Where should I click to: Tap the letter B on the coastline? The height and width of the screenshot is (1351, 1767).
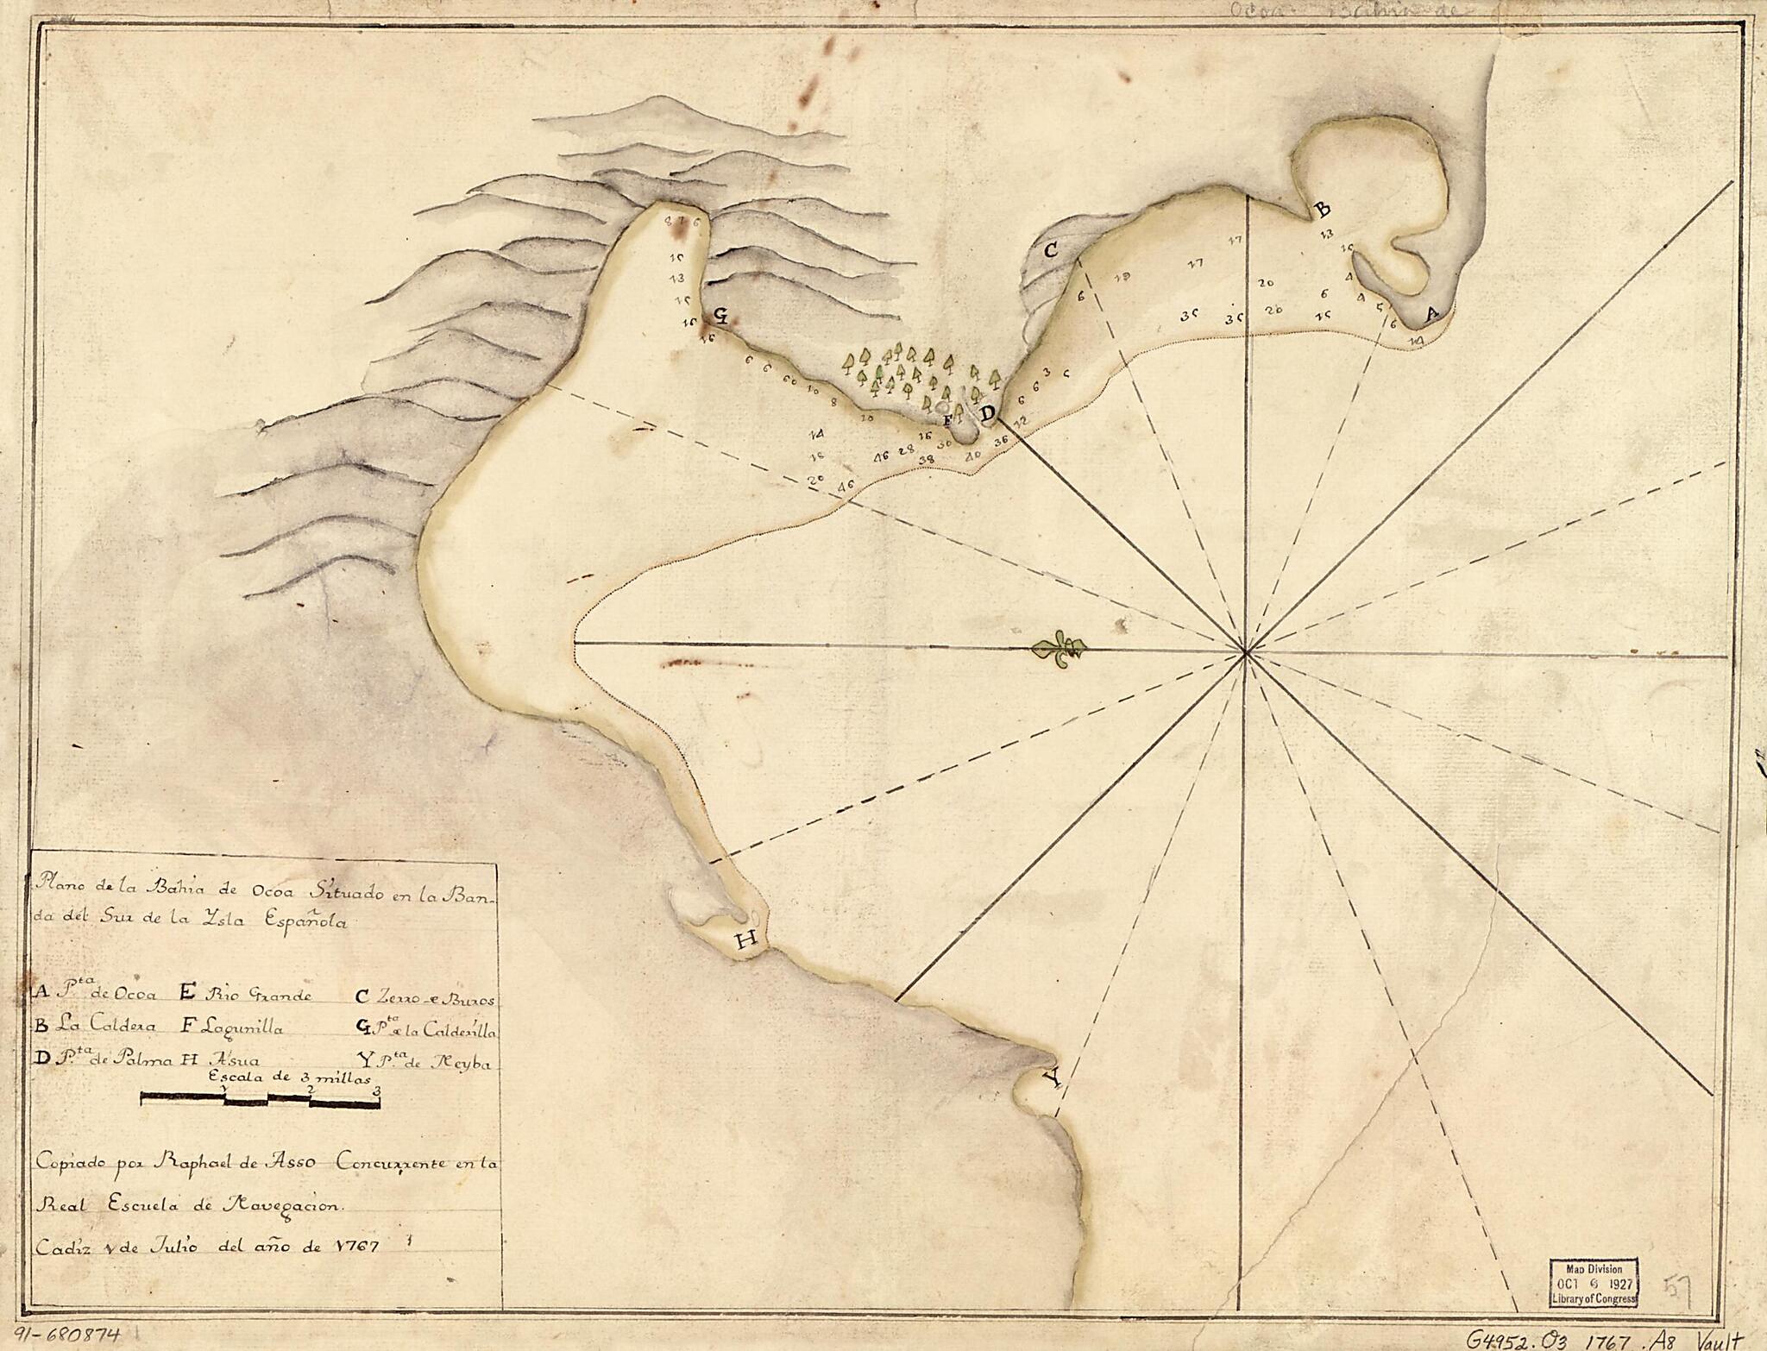click(1320, 210)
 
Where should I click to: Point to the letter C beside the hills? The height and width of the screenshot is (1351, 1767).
click(1051, 251)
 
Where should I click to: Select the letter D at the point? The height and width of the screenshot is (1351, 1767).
click(987, 414)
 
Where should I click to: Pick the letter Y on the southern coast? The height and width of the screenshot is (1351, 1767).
click(1050, 1078)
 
